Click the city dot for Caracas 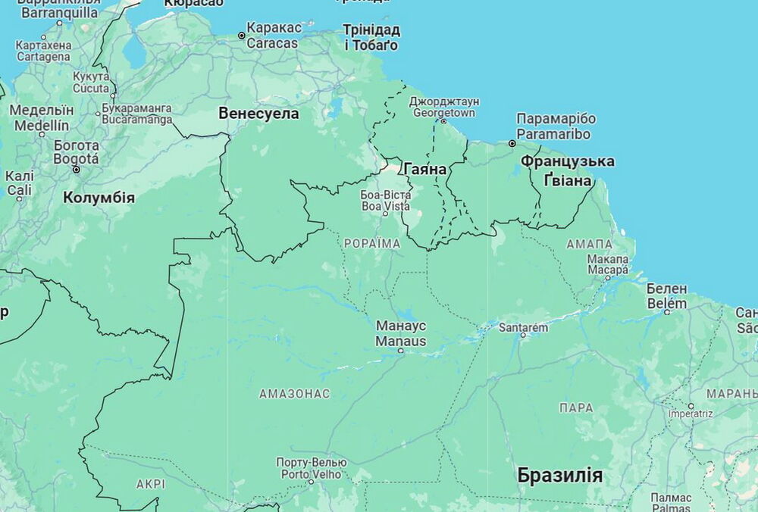(242, 36)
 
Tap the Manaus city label (401, 333)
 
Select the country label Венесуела (258, 114)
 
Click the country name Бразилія (560, 476)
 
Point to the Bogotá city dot (76, 170)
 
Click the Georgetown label (444, 107)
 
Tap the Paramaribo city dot (512, 143)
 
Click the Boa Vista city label (385, 200)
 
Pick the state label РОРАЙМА (371, 243)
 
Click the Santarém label (523, 327)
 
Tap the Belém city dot (667, 311)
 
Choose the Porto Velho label (311, 468)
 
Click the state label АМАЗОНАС (294, 394)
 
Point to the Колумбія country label (99, 198)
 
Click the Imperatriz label (691, 414)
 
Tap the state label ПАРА (576, 407)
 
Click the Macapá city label (607, 264)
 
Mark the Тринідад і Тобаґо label (371, 37)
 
